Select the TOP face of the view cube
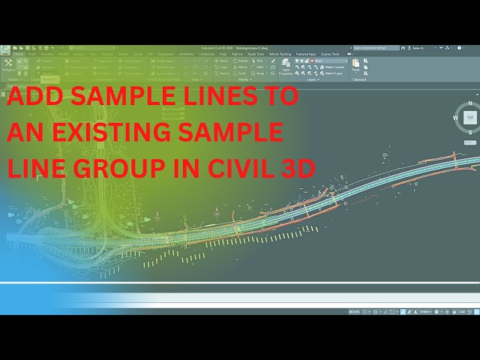[x=470, y=118]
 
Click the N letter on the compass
[x=470, y=103]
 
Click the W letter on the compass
[x=456, y=118]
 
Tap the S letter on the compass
[x=470, y=132]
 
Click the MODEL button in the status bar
[x=355, y=311]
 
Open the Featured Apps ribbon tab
[x=306, y=54]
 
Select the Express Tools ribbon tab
[x=330, y=54]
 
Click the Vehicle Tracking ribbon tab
[x=279, y=54]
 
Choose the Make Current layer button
[x=333, y=67]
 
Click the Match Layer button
[x=334, y=73]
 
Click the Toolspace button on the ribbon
[x=8, y=65]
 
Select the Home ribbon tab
[x=18, y=54]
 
